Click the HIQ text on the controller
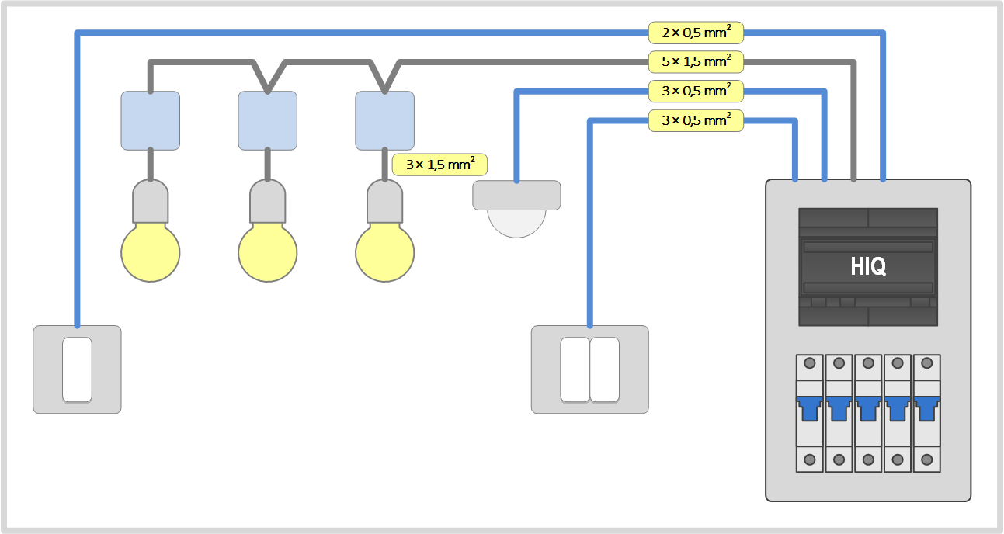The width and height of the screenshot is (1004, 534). [x=868, y=267]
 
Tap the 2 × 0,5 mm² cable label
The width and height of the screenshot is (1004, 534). [x=696, y=33]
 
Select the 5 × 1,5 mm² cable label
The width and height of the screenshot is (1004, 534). [x=696, y=61]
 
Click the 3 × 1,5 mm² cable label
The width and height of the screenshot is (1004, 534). [x=439, y=165]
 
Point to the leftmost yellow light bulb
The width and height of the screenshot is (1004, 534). [x=151, y=252]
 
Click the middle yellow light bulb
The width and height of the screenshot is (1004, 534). [x=267, y=252]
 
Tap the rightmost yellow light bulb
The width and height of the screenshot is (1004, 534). [x=384, y=252]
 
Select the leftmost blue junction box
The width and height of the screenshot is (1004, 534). [x=151, y=120]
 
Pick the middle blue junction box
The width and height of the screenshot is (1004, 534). [x=267, y=120]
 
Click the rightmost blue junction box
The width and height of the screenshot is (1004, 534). [x=384, y=120]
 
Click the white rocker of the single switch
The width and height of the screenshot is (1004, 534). [x=77, y=369]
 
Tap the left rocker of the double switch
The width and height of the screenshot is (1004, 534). [x=575, y=369]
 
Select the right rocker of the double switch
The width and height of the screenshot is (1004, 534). [x=604, y=369]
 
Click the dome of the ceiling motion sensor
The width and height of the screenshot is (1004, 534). [x=516, y=222]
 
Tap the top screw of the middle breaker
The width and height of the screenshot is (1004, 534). [x=868, y=363]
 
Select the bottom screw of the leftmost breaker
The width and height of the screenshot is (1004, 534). [x=810, y=459]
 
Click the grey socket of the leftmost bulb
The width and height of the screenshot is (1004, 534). [x=151, y=202]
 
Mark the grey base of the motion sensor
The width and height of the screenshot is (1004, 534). [x=516, y=195]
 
